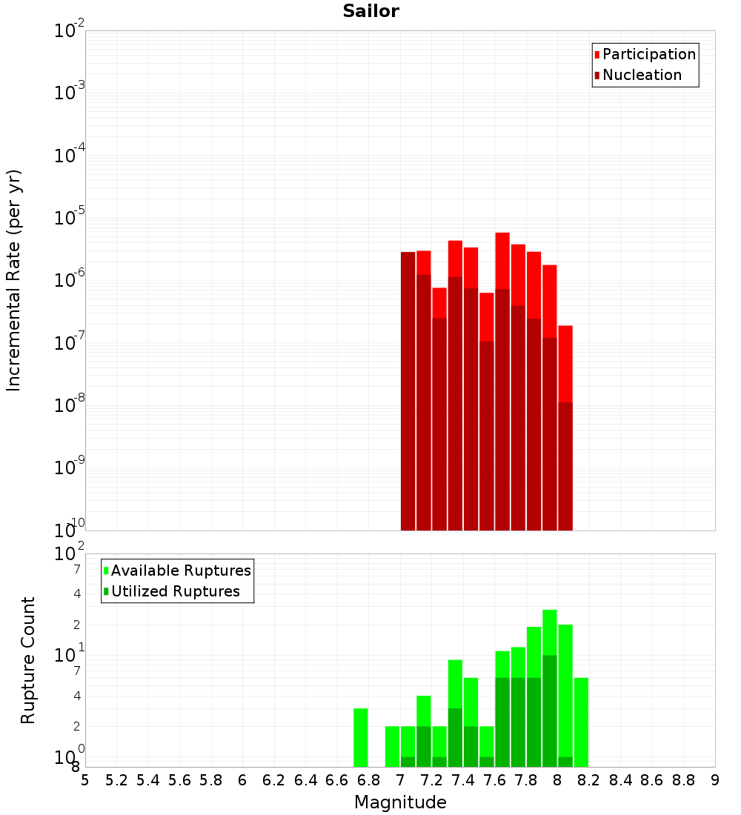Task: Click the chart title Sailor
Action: [x=370, y=11]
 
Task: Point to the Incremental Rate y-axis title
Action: [x=14, y=281]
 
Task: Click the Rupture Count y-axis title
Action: [x=28, y=660]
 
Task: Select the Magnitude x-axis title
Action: [x=400, y=802]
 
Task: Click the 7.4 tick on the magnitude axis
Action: [x=463, y=780]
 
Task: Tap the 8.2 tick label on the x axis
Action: [x=589, y=780]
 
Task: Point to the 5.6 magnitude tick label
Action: [x=179, y=780]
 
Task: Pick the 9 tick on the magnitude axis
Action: [x=715, y=780]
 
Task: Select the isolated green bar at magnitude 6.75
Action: [x=361, y=738]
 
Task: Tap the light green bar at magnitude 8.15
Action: [x=581, y=722]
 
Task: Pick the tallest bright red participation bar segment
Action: [x=502, y=260]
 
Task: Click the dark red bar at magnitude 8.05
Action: [x=565, y=467]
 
